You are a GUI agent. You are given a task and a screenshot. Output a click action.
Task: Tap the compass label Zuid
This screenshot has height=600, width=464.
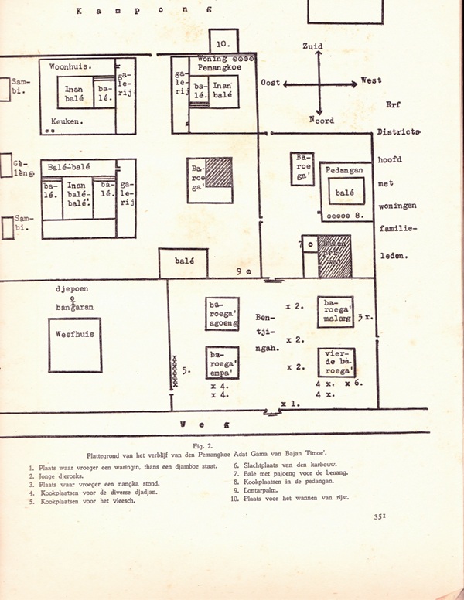pos(312,47)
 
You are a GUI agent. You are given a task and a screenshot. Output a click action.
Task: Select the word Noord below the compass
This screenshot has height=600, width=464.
pos(321,120)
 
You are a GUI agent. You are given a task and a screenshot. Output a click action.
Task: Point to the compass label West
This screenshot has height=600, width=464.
pos(370,80)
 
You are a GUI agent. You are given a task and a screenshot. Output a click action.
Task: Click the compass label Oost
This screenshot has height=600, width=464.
pos(271,82)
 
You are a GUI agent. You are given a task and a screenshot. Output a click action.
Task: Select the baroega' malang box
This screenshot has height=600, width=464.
pos(335,312)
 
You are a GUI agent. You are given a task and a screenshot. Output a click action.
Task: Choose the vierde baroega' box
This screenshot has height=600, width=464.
pos(336,362)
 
